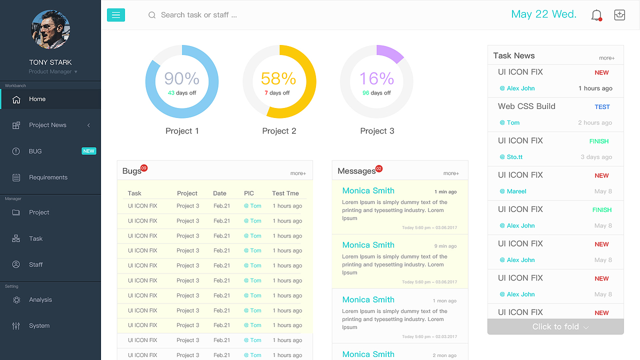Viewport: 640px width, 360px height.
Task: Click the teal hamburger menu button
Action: click(116, 15)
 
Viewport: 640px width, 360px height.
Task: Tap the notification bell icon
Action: click(596, 15)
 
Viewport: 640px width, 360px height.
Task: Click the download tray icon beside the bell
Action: click(619, 15)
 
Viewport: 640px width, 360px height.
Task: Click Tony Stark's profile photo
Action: click(50, 29)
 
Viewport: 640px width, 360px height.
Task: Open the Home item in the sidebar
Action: click(37, 99)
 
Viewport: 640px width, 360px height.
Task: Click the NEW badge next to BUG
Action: click(89, 151)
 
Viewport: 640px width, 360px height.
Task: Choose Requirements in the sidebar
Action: click(48, 177)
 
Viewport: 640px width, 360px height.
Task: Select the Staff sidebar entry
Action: click(35, 264)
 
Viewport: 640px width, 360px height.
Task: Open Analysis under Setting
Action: click(40, 299)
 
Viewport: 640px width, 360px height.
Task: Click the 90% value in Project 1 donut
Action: click(181, 78)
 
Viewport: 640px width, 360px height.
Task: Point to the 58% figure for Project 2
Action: click(278, 78)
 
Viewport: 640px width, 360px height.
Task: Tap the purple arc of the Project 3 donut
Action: click(390, 53)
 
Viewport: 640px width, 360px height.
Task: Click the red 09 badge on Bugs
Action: click(144, 168)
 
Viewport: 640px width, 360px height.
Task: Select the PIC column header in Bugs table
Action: click(249, 193)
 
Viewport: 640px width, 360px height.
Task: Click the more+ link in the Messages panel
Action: click(451, 173)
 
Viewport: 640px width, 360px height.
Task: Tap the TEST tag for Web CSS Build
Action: click(602, 106)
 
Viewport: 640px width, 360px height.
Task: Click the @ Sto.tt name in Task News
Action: click(511, 157)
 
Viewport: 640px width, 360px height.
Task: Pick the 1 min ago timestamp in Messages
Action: click(445, 191)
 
